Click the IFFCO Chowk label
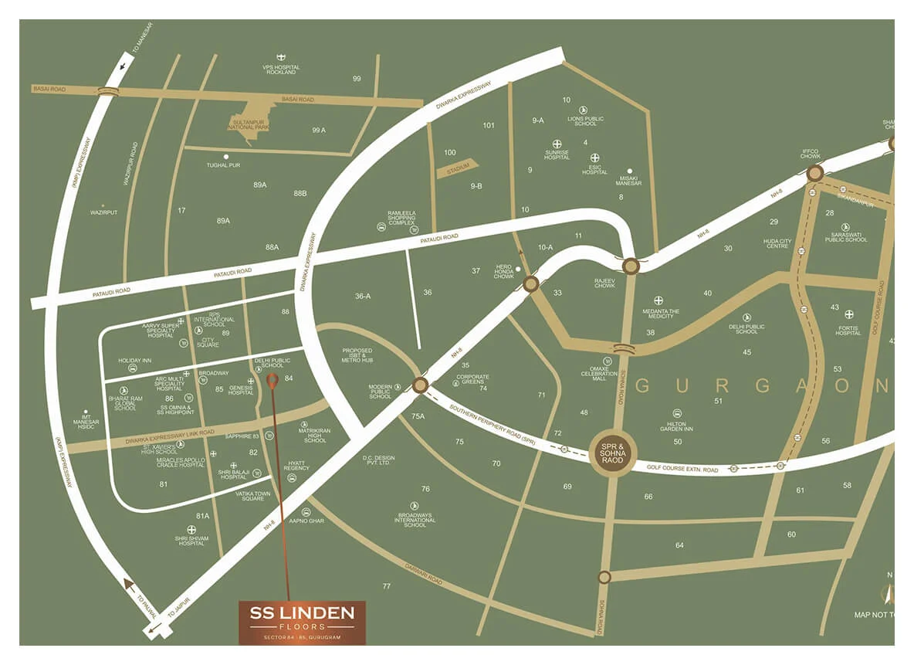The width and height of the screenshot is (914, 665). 810,154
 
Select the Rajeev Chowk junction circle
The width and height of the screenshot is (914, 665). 631,266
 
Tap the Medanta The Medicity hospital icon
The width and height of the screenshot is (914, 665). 658,300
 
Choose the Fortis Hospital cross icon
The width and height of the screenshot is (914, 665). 849,314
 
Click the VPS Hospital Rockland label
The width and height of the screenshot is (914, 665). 281,70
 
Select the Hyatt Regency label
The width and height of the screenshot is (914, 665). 296,466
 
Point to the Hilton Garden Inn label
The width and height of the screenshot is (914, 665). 678,426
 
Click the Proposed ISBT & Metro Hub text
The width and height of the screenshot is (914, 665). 357,355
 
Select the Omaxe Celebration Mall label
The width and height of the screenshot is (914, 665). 605,373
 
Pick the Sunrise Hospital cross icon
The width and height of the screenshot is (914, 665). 557,144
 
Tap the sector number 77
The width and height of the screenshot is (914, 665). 386,586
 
